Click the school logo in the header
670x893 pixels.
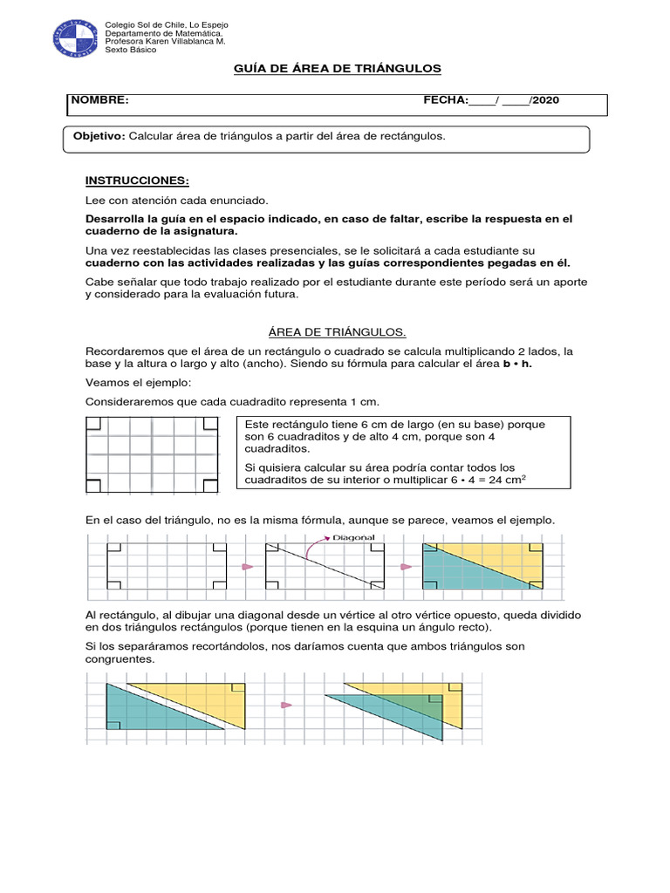72,36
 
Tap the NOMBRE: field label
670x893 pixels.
99,100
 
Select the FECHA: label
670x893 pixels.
446,100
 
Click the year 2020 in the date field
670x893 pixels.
545,100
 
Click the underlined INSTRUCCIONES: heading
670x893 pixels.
137,181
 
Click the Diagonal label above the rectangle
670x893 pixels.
353,538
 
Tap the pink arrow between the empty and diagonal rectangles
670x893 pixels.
247,567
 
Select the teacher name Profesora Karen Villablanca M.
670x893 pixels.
165,41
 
